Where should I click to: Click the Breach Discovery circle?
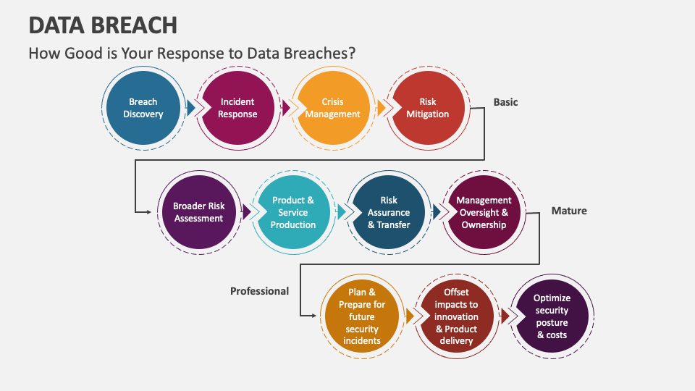(x=143, y=108)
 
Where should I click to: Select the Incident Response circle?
(x=237, y=108)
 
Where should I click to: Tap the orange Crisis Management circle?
(x=333, y=108)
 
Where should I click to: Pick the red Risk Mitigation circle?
(x=428, y=108)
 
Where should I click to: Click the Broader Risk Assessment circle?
(x=199, y=212)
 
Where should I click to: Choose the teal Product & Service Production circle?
(x=293, y=212)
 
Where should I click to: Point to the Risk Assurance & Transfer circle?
(x=389, y=212)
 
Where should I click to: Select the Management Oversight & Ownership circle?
(x=484, y=212)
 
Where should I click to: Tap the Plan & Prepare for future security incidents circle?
(x=362, y=316)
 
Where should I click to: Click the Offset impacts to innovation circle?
(x=457, y=316)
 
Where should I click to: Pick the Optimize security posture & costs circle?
(x=552, y=316)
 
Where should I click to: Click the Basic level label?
(x=506, y=102)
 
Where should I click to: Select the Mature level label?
(x=569, y=211)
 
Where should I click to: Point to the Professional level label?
(x=259, y=291)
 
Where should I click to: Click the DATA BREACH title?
(x=103, y=25)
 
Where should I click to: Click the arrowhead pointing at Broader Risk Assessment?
(x=149, y=212)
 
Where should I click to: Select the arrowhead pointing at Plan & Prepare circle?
(x=313, y=316)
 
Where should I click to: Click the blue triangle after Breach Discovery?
(x=191, y=108)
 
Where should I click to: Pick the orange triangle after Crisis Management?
(x=382, y=108)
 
